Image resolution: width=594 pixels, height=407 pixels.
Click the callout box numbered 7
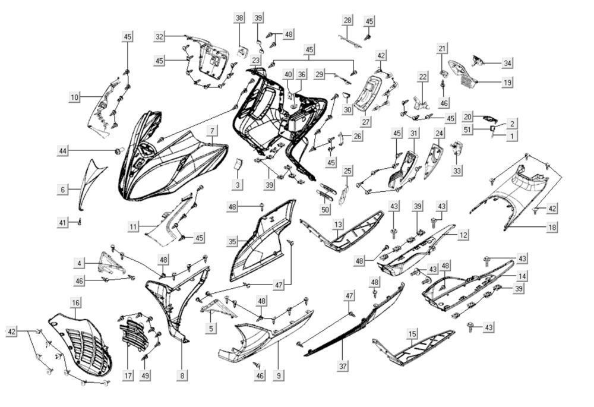tap(212, 131)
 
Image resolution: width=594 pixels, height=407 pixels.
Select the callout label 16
tap(76, 302)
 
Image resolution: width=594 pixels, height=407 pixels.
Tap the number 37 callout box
tap(343, 365)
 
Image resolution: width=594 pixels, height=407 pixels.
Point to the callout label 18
tap(552, 227)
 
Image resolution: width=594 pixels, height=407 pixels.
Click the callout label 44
tap(63, 150)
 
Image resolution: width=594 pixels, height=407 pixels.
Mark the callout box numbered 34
tap(507, 63)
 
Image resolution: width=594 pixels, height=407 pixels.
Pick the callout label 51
tap(468, 130)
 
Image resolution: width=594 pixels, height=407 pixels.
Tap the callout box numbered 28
tap(347, 20)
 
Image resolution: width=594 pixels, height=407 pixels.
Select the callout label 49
tap(145, 375)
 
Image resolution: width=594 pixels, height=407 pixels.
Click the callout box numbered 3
tap(238, 185)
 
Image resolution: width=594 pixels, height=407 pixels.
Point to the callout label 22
tap(423, 77)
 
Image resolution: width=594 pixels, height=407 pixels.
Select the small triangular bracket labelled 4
tap(112, 262)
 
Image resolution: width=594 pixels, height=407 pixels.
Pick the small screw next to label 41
tap(80, 221)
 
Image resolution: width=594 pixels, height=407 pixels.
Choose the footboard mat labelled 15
tap(413, 348)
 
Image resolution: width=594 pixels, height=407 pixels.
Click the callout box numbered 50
tap(325, 209)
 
